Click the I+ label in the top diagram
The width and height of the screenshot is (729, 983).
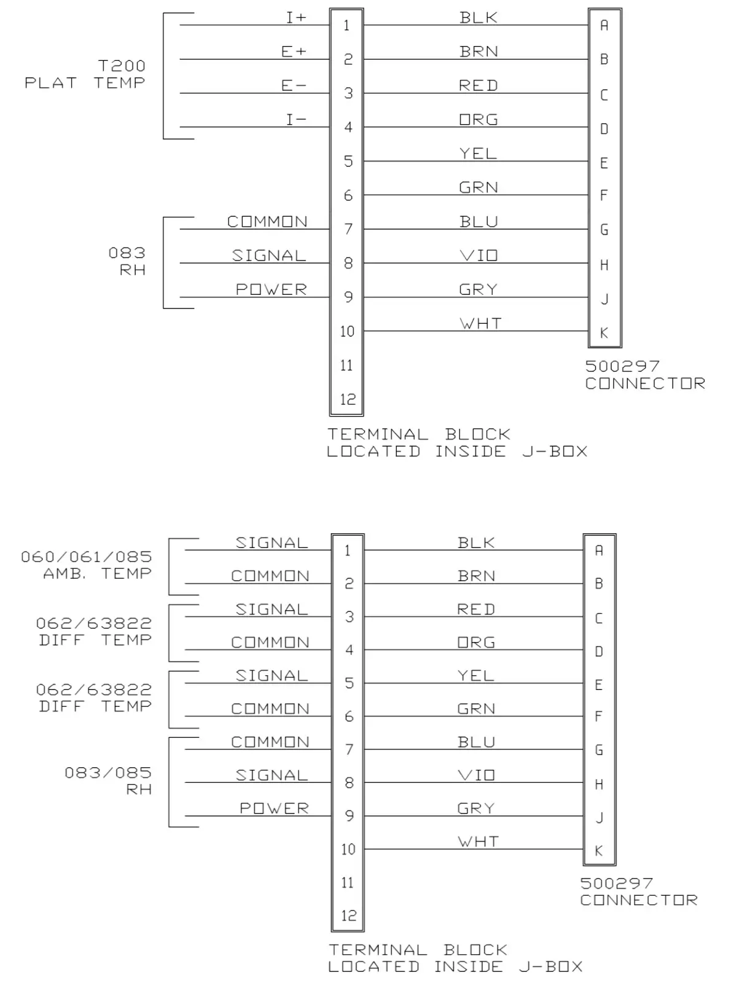296,17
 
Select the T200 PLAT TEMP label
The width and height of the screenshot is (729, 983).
85,74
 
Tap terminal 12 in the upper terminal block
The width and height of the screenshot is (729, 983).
348,399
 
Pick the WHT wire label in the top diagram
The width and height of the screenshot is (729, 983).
480,323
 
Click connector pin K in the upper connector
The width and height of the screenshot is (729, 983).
604,332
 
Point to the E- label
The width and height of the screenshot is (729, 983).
294,85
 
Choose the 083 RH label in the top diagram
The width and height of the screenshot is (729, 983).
128,261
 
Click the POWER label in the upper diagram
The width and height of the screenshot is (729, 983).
271,289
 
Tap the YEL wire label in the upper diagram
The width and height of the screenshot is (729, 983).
478,153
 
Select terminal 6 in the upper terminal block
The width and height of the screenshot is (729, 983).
348,195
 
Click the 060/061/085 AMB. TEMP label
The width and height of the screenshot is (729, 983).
87,565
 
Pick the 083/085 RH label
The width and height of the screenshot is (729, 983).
109,780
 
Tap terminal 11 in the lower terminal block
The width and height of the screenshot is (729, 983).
348,882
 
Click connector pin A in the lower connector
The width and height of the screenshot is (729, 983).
599,550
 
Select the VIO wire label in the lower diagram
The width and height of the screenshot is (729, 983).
477,775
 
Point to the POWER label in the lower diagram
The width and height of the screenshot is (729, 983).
274,808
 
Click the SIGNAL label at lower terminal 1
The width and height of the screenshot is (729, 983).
272,542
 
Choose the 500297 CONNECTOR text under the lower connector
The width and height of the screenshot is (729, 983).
639,891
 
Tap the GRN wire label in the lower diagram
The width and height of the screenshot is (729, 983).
476,708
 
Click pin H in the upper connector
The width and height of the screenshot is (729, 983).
604,265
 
